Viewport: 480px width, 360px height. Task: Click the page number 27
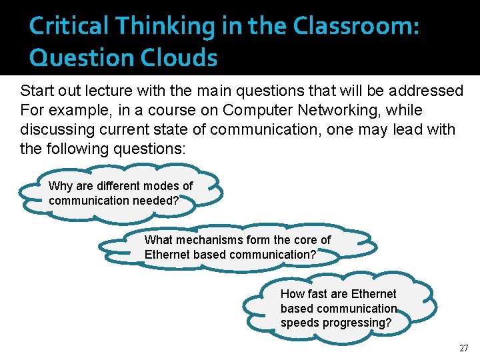coord(464,348)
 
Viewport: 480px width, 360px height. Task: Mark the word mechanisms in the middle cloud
coord(207,240)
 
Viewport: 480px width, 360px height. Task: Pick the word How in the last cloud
coord(292,294)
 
